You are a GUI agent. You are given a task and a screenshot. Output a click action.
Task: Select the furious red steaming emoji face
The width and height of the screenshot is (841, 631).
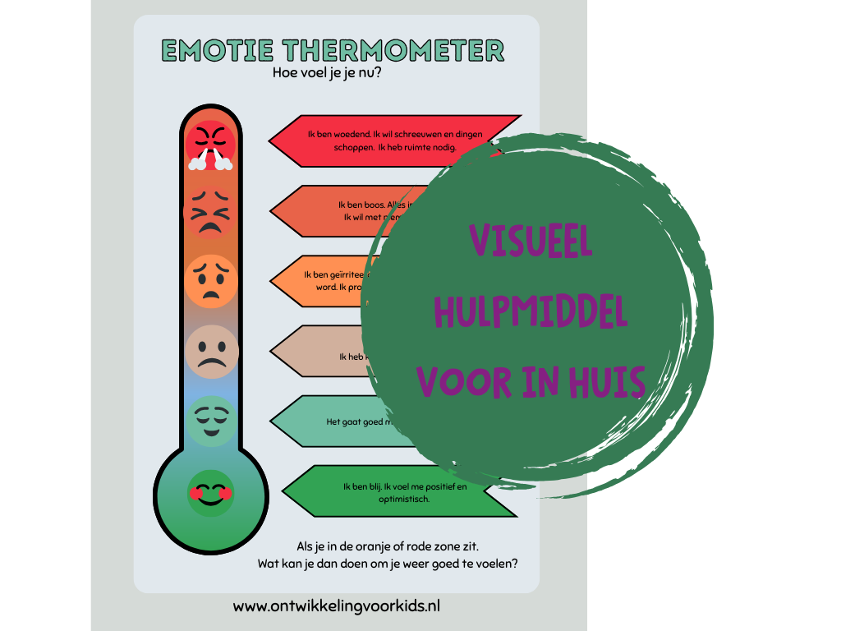(x=210, y=145)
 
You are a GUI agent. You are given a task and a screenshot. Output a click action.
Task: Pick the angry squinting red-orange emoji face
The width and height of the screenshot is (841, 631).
(x=210, y=210)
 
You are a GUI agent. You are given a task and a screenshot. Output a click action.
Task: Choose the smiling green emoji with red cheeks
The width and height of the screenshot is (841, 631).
(x=210, y=493)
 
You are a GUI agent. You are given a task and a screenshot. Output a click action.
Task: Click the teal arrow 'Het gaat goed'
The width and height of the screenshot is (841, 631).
(x=345, y=421)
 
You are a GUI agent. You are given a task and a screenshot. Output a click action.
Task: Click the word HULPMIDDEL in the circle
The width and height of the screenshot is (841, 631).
(x=531, y=312)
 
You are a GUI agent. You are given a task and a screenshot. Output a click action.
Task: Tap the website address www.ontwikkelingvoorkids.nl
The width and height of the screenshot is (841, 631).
(x=337, y=606)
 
